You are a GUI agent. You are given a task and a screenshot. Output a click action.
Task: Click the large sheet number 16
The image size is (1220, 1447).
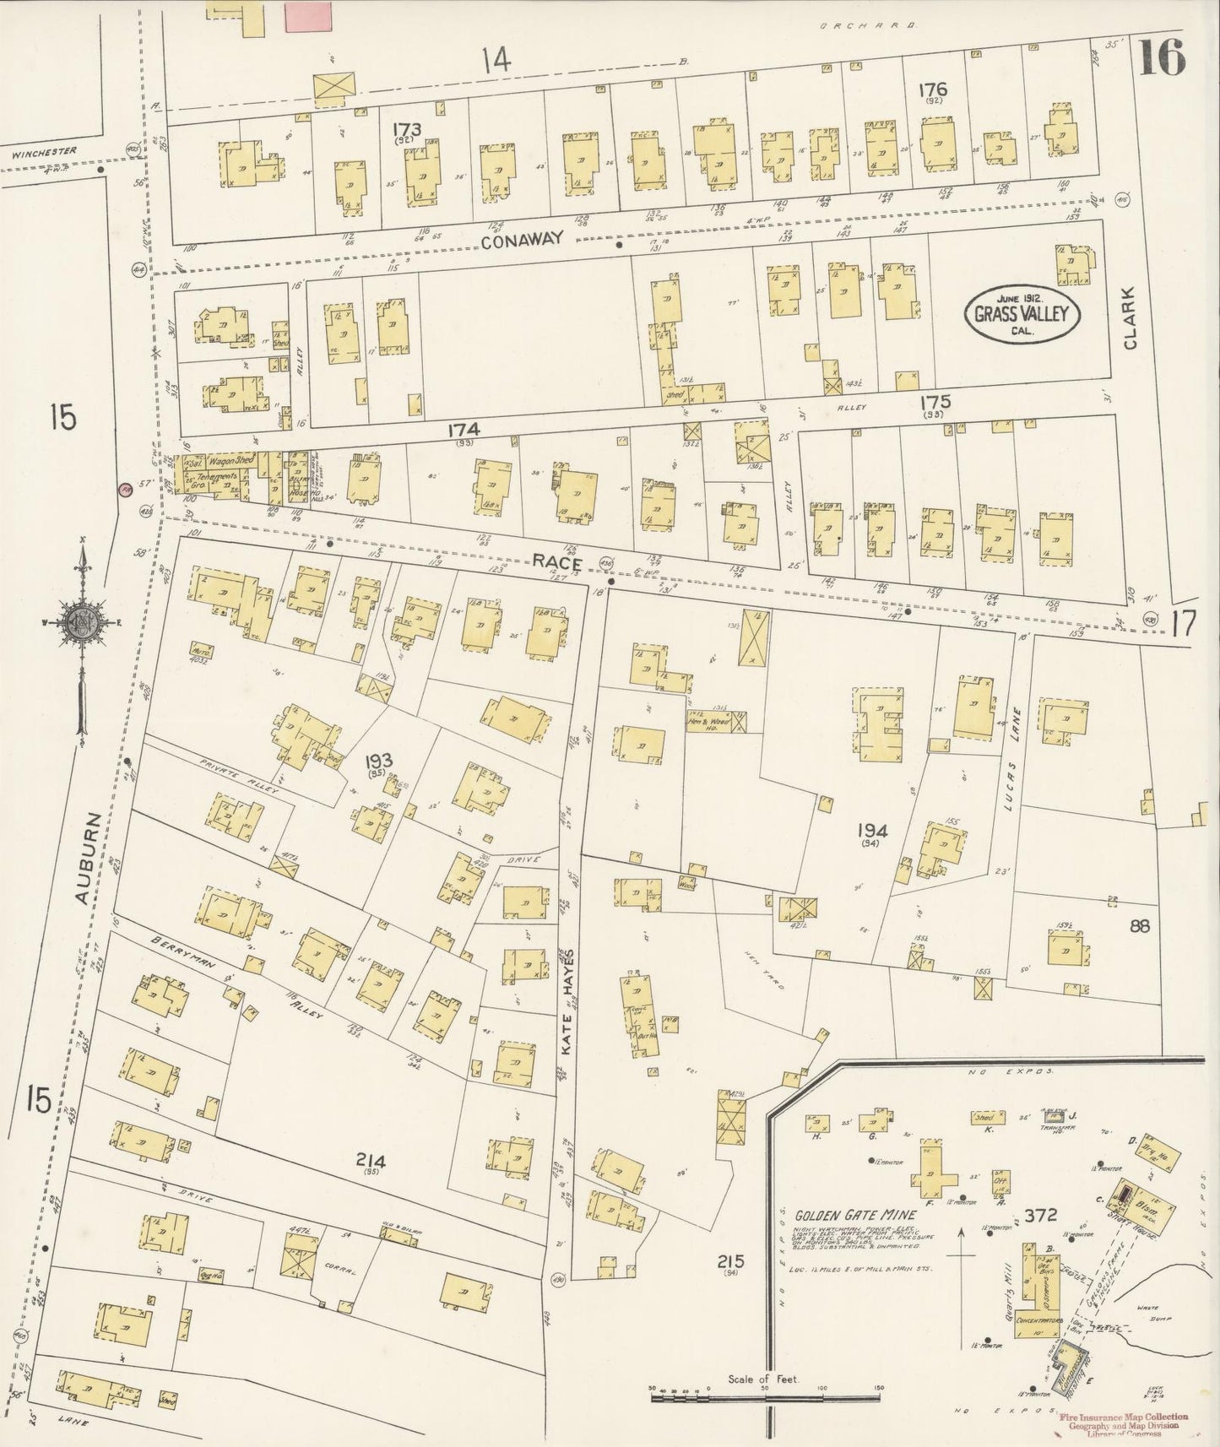click(1163, 57)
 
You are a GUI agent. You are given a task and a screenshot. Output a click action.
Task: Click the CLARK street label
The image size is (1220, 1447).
click(1131, 328)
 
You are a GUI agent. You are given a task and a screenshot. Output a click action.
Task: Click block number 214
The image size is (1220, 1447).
click(371, 1162)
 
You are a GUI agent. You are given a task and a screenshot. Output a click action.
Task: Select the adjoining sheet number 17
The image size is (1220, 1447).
click(1185, 625)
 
